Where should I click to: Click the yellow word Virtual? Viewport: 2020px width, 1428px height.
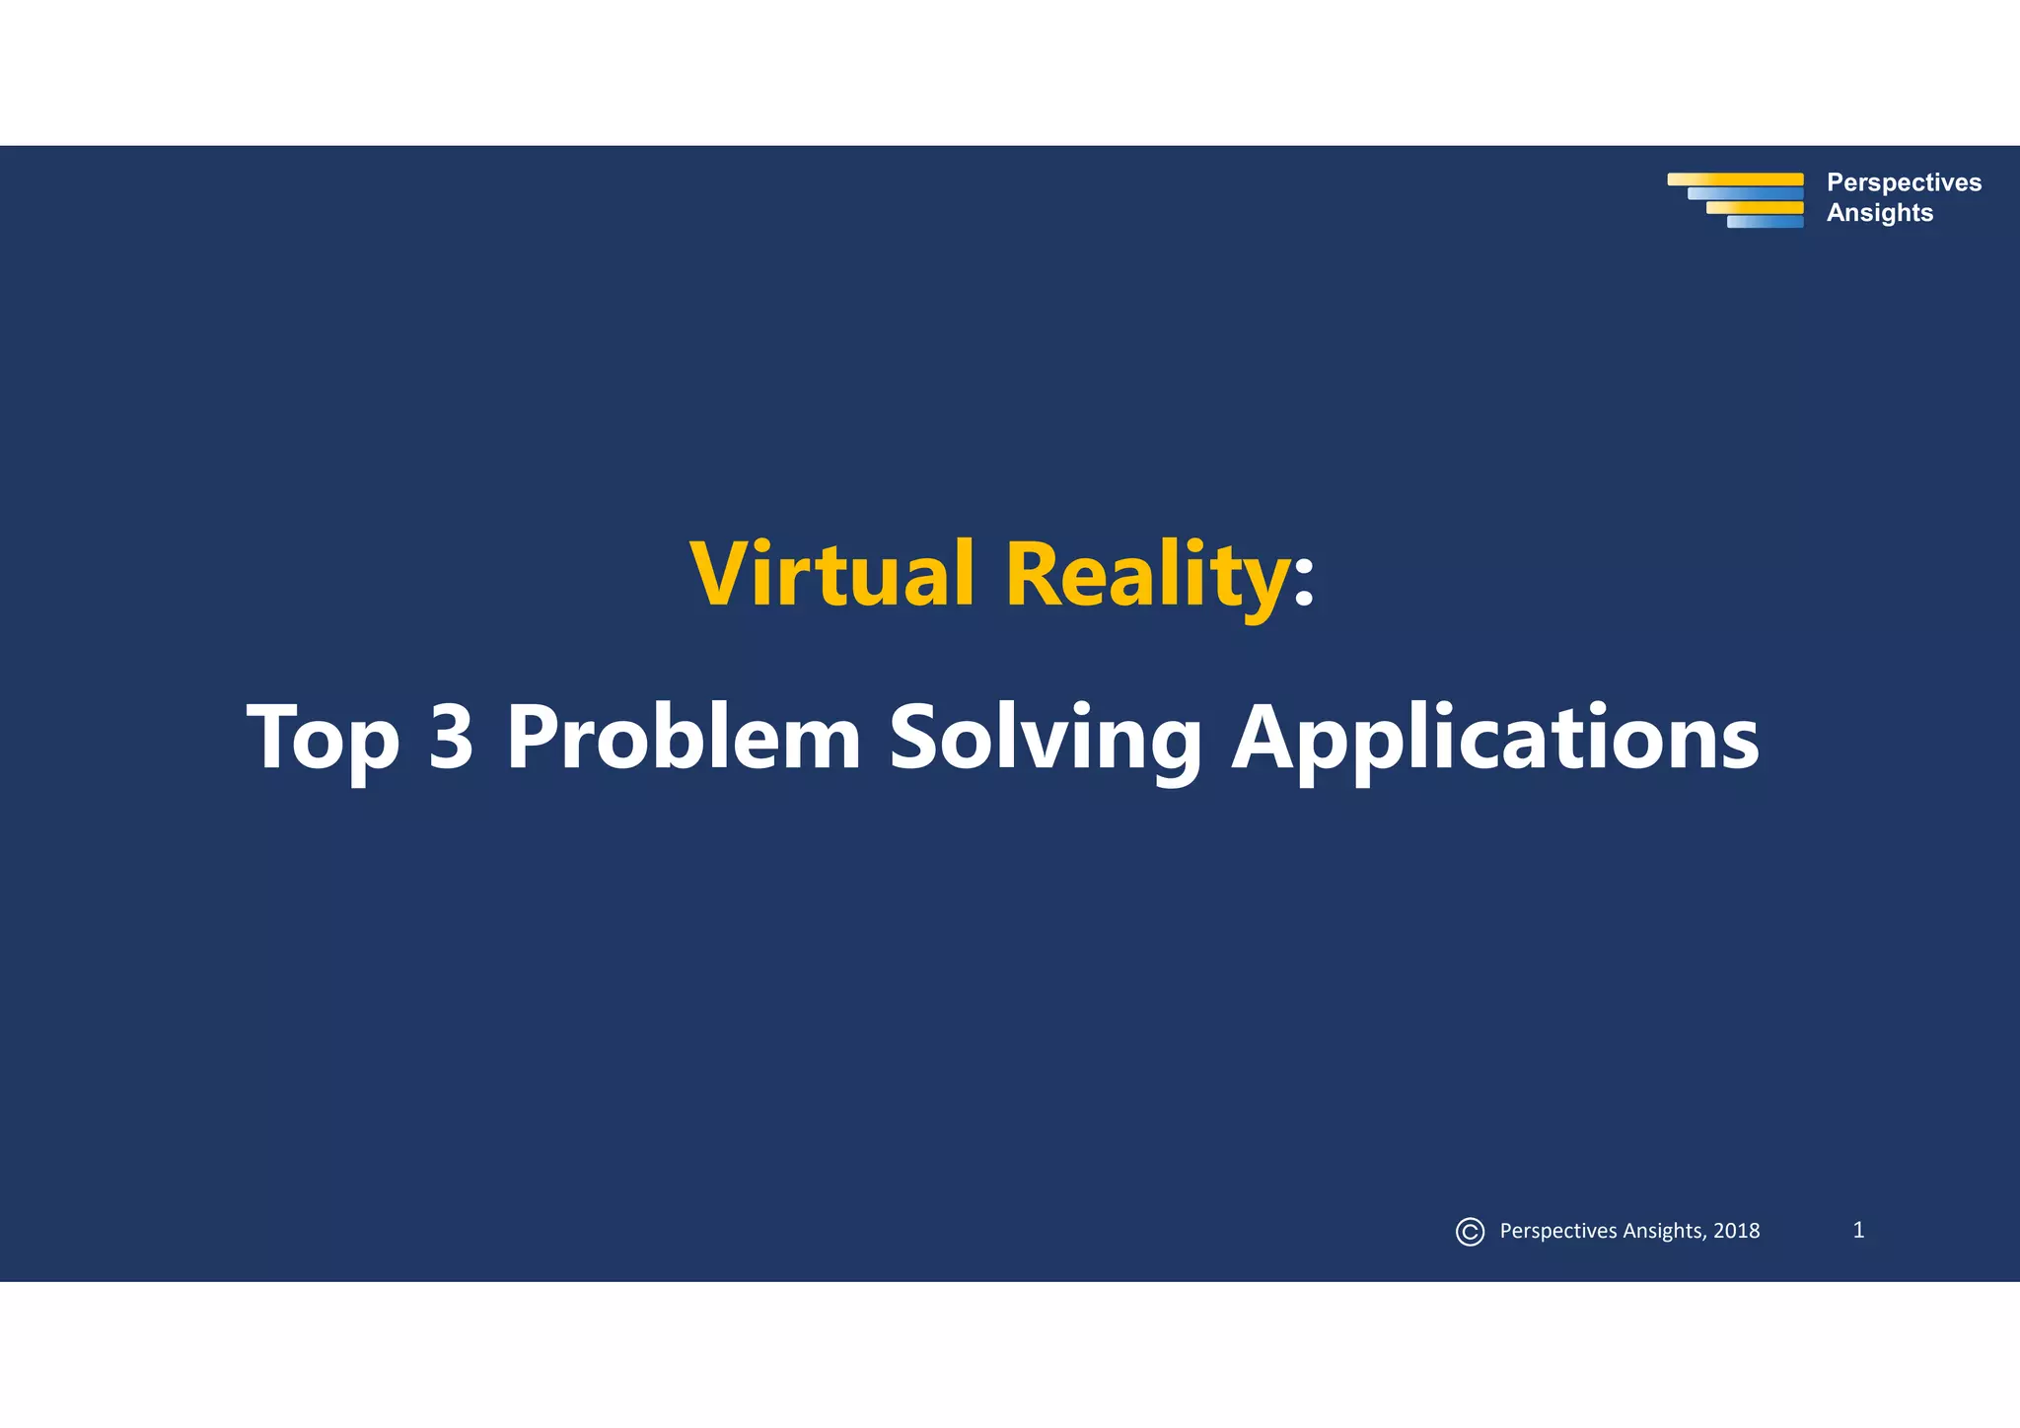[x=831, y=574]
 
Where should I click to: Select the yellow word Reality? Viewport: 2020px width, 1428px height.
[x=1146, y=576]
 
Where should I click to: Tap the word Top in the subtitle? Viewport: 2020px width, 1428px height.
[x=324, y=738]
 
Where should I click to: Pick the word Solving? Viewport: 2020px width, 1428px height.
[x=1046, y=738]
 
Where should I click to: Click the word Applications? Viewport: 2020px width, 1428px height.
[x=1494, y=738]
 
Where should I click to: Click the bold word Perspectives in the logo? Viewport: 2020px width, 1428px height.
[x=1904, y=182]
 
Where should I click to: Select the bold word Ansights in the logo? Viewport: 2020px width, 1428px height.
[x=1879, y=213]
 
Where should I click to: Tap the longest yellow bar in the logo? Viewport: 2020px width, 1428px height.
[x=1735, y=179]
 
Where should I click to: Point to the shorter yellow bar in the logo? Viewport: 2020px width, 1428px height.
[x=1755, y=208]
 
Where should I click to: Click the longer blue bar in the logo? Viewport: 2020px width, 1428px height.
[x=1745, y=194]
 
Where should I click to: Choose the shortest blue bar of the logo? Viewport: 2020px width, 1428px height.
[x=1765, y=222]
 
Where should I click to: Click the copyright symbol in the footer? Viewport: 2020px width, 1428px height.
[x=1470, y=1232]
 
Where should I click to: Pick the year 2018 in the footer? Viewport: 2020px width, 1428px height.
[x=1736, y=1231]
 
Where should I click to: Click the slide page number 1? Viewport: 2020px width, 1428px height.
[x=1858, y=1230]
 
